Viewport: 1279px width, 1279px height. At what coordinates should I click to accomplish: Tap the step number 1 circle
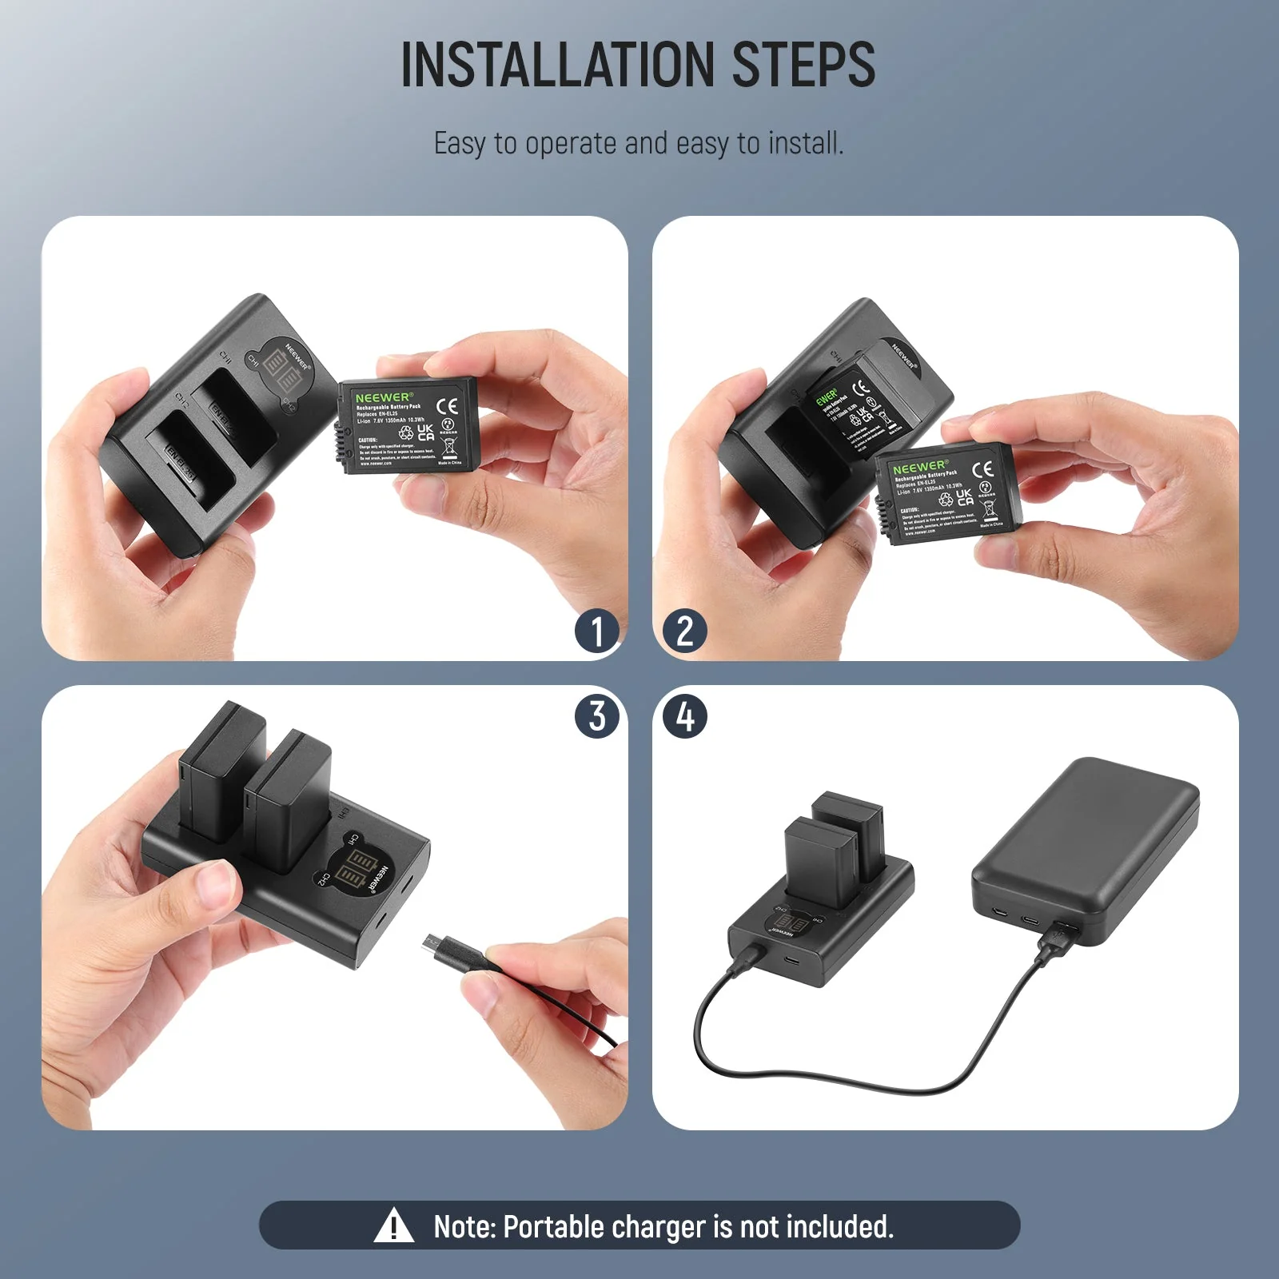(x=597, y=632)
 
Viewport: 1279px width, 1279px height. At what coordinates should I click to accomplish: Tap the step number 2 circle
(x=684, y=632)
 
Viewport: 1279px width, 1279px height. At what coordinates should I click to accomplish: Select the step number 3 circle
(x=597, y=715)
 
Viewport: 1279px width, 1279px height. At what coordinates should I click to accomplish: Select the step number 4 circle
(x=685, y=715)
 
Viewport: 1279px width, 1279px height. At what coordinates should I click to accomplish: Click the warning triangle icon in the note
(x=393, y=1226)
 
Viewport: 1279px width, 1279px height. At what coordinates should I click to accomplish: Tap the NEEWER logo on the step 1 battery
(x=383, y=397)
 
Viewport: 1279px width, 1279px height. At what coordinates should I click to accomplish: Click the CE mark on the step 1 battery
(x=448, y=406)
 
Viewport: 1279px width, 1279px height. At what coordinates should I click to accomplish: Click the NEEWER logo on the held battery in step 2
(x=920, y=467)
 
